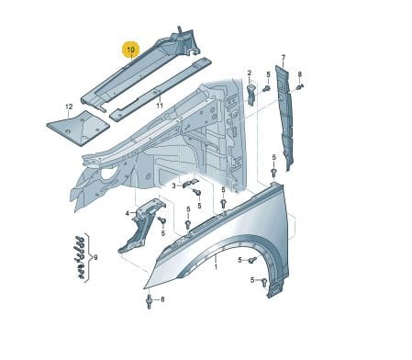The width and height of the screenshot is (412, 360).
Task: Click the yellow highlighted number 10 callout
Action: [x=130, y=50]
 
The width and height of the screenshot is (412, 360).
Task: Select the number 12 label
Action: [x=69, y=107]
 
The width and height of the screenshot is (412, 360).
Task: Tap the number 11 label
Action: [x=160, y=106]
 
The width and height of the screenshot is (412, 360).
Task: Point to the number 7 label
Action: [x=284, y=57]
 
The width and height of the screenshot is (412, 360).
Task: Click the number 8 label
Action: [x=300, y=74]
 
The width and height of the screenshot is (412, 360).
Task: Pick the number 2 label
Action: [x=250, y=73]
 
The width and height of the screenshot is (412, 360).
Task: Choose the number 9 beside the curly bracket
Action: [x=95, y=258]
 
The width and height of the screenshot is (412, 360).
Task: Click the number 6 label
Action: [x=162, y=299]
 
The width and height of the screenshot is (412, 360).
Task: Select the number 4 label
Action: [x=128, y=214]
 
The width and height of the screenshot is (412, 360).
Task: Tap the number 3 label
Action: [x=173, y=186]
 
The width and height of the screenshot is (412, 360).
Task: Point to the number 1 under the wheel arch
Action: [x=216, y=267]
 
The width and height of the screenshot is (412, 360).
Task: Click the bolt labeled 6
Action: [x=150, y=301]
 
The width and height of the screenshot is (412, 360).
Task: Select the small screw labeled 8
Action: [x=300, y=87]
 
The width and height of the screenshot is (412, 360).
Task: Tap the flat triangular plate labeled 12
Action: [x=78, y=128]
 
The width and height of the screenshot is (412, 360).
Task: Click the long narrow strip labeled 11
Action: [x=161, y=89]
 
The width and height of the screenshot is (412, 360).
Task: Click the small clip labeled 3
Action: [x=190, y=183]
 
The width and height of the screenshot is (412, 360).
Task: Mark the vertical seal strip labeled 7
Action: [x=284, y=118]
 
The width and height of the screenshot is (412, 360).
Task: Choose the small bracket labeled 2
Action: [x=251, y=95]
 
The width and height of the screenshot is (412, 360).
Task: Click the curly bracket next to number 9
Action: [x=88, y=257]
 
